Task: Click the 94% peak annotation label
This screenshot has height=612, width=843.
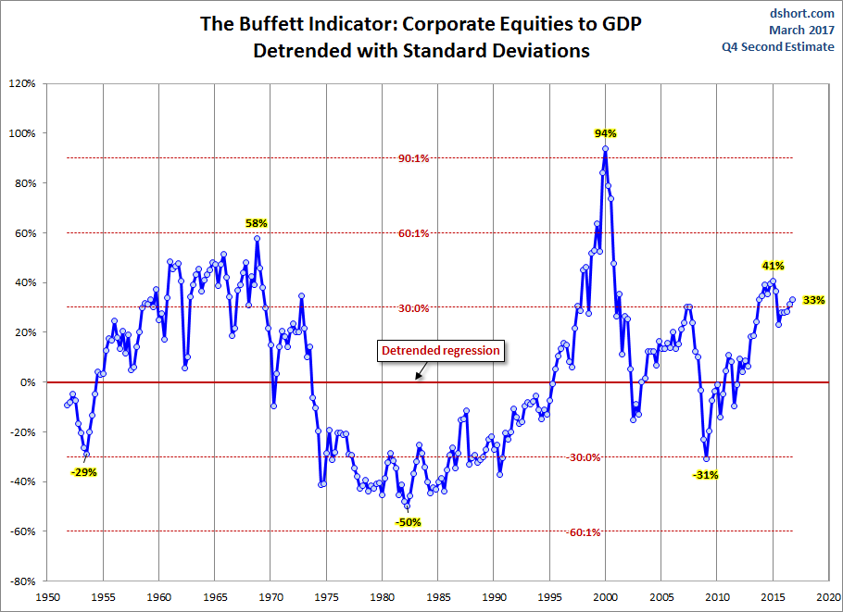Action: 605,133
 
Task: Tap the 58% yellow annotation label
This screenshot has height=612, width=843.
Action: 256,223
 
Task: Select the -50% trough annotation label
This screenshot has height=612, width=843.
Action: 409,522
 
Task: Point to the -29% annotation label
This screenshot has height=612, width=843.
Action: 83,472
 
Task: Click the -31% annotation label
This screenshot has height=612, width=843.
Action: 706,475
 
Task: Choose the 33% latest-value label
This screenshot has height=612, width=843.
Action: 813,300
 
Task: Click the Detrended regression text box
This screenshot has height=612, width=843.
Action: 440,351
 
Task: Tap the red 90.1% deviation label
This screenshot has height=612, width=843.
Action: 413,158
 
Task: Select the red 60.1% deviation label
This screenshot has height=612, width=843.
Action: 413,233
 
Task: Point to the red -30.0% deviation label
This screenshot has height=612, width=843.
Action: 585,457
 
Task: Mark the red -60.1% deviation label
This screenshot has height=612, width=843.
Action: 585,532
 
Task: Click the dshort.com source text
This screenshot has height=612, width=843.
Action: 801,14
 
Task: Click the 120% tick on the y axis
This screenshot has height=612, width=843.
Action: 21,83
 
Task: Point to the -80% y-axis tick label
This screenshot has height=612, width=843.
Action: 21,581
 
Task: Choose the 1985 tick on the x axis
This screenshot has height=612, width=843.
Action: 439,597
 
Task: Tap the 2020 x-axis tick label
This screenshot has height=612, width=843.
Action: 829,597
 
